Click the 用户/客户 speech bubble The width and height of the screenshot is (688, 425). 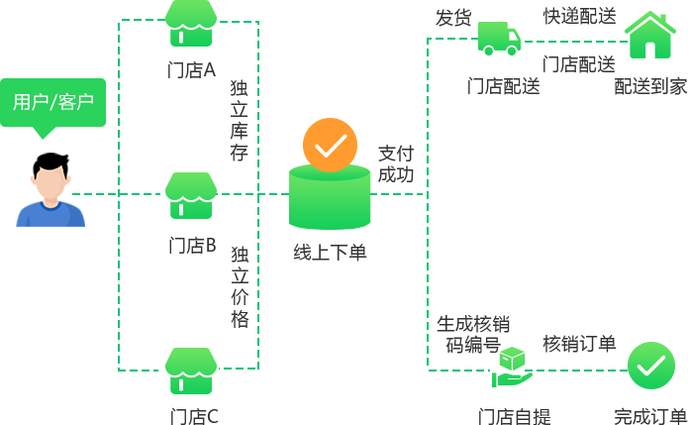click(52, 102)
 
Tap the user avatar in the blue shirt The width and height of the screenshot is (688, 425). click(50, 194)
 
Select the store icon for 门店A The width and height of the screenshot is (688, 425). click(191, 23)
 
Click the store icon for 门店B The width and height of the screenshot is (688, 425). click(191, 195)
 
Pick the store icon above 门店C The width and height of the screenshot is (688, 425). click(191, 370)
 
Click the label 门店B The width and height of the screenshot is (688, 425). click(191, 245)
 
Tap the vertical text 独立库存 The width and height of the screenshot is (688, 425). click(239, 120)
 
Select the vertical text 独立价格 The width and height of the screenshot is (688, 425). click(239, 287)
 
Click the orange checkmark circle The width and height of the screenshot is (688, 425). click(330, 145)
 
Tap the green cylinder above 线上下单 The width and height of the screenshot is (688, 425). click(330, 198)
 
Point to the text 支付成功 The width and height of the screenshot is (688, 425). click(396, 163)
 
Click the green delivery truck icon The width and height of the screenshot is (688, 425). click(499, 39)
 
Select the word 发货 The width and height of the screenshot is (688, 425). click(453, 17)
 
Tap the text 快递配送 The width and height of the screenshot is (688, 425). click(579, 16)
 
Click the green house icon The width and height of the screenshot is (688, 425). click(650, 36)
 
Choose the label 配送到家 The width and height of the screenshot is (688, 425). click(650, 86)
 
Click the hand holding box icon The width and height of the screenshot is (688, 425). click(512, 368)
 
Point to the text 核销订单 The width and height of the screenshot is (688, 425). click(579, 344)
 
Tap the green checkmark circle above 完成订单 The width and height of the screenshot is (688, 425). click(650, 366)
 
